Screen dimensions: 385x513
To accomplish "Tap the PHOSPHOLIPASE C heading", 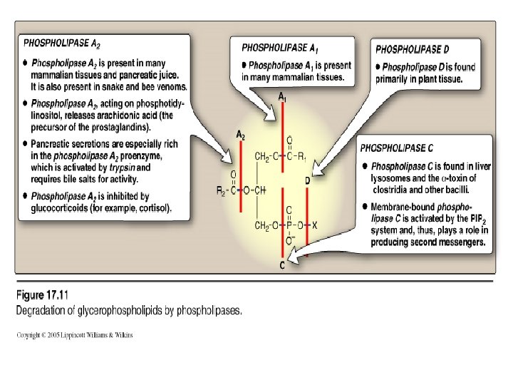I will [x=396, y=149].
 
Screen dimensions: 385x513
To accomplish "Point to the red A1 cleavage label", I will [x=283, y=96].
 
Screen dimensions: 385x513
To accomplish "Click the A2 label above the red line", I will [x=242, y=134].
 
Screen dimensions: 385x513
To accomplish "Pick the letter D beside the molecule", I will [x=308, y=181].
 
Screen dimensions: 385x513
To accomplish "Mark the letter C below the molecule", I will [x=283, y=266].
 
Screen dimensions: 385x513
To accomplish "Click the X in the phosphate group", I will [x=314, y=225].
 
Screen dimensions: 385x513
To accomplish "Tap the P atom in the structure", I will [x=288, y=225].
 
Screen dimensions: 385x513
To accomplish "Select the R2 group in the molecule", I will [x=222, y=190].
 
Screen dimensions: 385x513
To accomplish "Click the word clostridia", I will [x=393, y=190].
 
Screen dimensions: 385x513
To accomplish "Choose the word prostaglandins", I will [x=123, y=128].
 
